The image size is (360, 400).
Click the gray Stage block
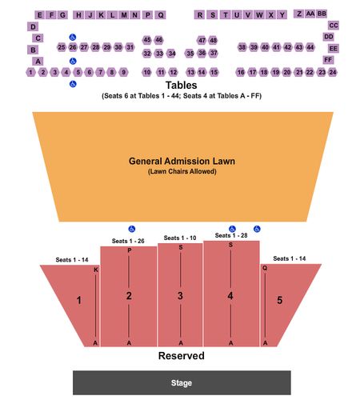click(x=182, y=382)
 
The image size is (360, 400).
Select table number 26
click(x=73, y=47)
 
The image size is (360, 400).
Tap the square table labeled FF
click(x=328, y=60)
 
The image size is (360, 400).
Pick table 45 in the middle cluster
click(x=147, y=40)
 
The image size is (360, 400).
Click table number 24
click(x=333, y=72)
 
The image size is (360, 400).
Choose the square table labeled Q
click(x=161, y=15)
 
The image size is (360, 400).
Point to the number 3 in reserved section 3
click(x=180, y=295)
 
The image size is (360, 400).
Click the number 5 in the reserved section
click(x=279, y=300)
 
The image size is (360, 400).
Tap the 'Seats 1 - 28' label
click(x=231, y=235)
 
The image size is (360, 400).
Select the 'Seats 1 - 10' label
click(x=180, y=238)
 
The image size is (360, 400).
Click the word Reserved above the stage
click(x=182, y=356)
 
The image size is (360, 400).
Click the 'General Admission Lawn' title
click(x=182, y=161)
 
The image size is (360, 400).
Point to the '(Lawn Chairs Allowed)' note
click(x=182, y=171)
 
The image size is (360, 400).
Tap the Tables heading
click(x=182, y=86)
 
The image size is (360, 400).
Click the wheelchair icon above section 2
click(x=132, y=229)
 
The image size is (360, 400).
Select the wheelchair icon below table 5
click(x=73, y=84)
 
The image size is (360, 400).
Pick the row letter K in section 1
click(x=96, y=270)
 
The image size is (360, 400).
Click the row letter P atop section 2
click(x=130, y=250)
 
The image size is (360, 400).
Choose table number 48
click(x=213, y=40)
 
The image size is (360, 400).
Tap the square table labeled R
click(x=200, y=15)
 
